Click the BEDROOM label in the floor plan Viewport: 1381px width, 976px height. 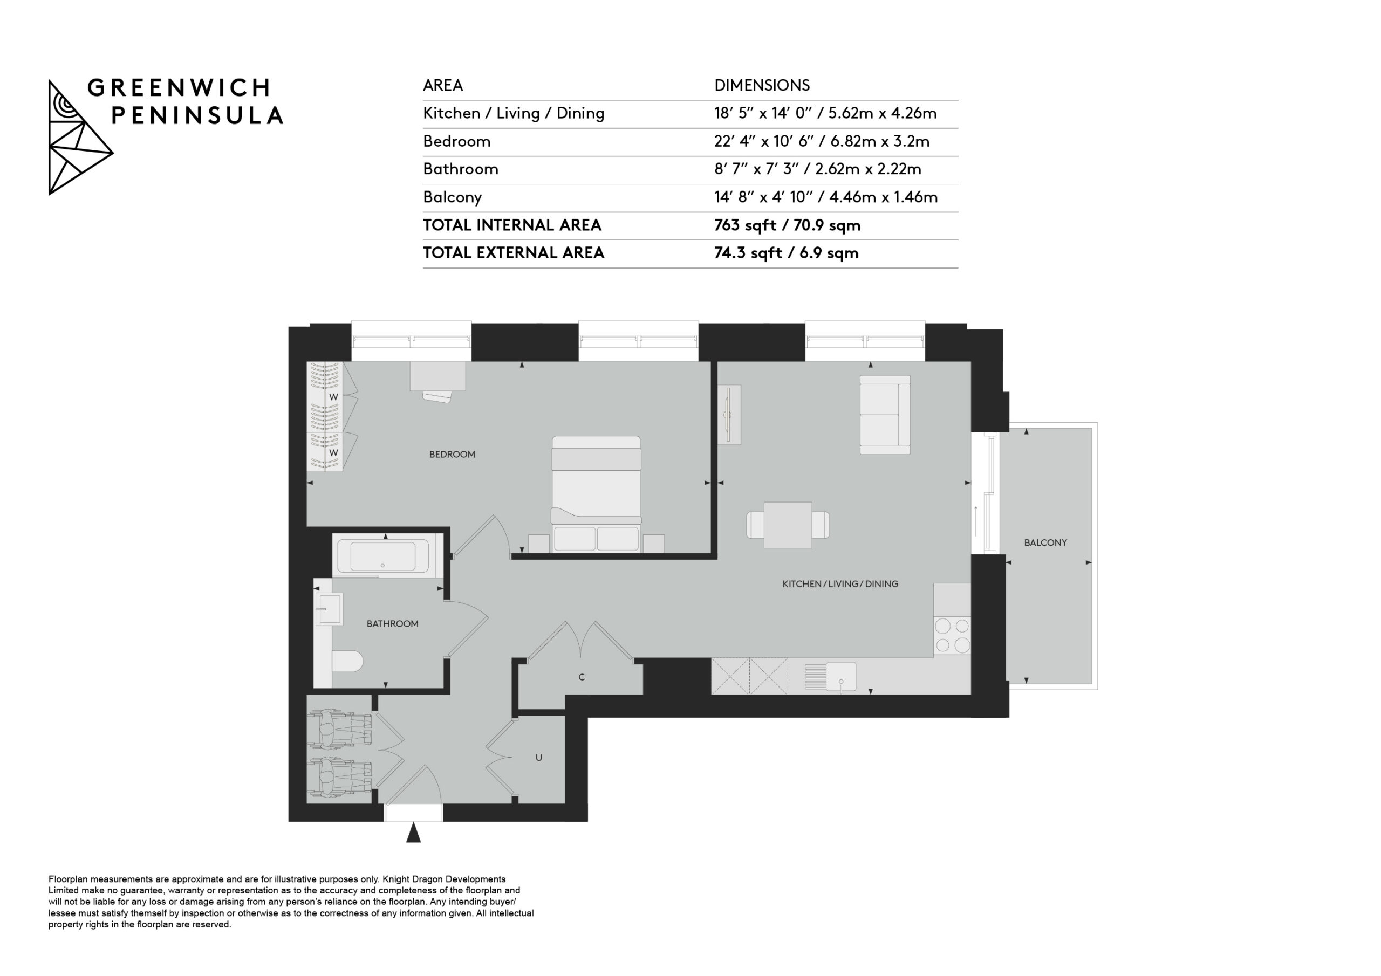(452, 455)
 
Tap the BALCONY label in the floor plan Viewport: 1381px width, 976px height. (1045, 542)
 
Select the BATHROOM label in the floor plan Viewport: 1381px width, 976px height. (393, 623)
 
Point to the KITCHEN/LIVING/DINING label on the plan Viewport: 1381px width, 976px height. (840, 584)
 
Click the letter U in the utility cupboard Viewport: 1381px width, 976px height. (539, 758)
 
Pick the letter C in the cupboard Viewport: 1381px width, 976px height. (582, 677)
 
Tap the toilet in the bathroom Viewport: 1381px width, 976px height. (347, 662)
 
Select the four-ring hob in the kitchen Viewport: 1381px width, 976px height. (952, 636)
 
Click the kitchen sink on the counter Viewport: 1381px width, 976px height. (841, 677)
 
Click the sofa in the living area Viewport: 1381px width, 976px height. (885, 415)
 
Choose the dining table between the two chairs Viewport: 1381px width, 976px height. (788, 525)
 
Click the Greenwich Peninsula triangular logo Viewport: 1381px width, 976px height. (80, 137)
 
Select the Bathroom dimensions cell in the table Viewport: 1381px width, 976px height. (817, 169)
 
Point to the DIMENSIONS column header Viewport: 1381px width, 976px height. (762, 85)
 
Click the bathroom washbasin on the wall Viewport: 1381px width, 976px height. (329, 609)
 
